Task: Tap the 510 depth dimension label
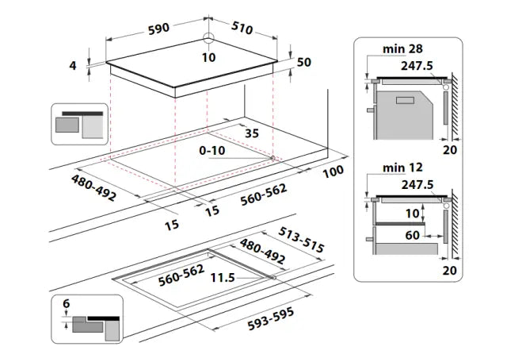242,29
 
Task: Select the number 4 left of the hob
72,66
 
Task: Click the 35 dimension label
251,133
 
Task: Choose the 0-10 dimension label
213,149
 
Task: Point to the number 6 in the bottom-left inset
66,304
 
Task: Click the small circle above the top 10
208,40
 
